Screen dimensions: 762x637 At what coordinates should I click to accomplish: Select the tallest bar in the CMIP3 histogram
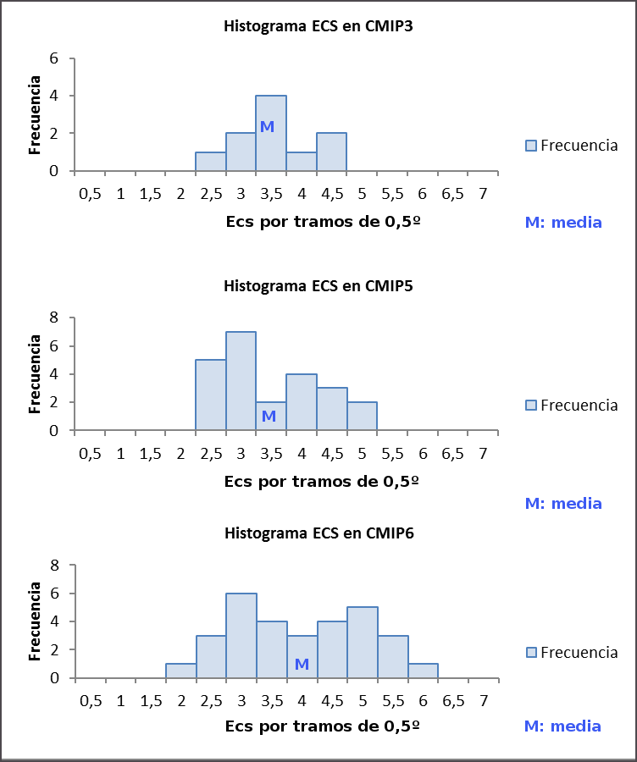tap(271, 144)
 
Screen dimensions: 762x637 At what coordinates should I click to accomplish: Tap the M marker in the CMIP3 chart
tap(267, 127)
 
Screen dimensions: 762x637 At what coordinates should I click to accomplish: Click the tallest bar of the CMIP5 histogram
tap(241, 381)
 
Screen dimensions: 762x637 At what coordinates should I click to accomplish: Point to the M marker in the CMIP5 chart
tap(269, 417)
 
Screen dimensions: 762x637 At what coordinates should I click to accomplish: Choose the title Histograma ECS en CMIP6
tap(318, 533)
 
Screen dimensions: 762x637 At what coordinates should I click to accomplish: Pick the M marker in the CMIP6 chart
tap(301, 664)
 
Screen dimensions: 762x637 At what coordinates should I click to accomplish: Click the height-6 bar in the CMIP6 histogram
tap(241, 635)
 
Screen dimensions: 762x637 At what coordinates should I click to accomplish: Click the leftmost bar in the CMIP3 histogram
tap(210, 162)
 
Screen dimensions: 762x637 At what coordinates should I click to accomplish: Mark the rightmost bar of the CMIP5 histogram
tap(362, 416)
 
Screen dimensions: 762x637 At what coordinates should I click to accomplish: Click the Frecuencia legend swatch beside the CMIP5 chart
tap(531, 406)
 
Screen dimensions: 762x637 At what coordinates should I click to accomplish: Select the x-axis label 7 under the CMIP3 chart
tap(482, 194)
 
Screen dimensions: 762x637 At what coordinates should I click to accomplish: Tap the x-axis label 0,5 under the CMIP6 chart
tap(90, 701)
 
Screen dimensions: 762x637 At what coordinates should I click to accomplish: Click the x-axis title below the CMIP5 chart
tap(322, 482)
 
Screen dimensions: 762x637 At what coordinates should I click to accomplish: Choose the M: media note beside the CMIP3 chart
tap(563, 223)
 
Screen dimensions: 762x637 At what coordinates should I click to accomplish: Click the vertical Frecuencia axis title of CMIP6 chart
tap(35, 621)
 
